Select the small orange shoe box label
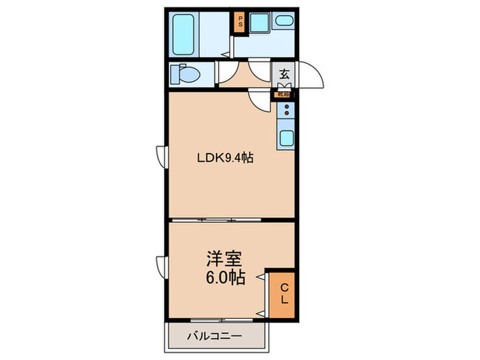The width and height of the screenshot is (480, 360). [282, 95]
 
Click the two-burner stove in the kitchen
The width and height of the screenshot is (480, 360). [287, 110]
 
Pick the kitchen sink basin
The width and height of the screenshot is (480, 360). [287, 136]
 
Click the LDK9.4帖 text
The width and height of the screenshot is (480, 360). [226, 158]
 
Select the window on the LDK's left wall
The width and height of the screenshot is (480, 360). [162, 156]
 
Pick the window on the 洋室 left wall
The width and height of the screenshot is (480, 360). [162, 264]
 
